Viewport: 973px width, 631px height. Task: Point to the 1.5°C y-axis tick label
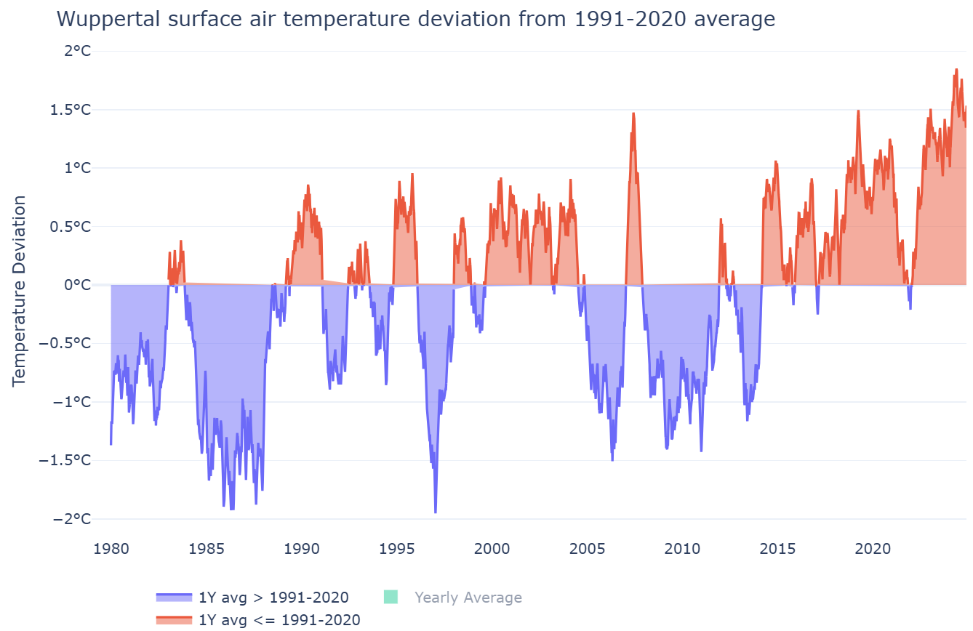pyautogui.click(x=76, y=110)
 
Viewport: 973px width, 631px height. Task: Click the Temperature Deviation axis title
pyautogui.click(x=19, y=290)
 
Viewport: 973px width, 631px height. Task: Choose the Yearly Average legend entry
pyautogui.click(x=468, y=598)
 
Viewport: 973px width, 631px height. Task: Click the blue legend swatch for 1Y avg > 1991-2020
pyautogui.click(x=174, y=598)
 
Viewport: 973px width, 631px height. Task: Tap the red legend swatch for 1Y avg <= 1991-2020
pyautogui.click(x=174, y=619)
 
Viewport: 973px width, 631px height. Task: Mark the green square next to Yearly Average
pyautogui.click(x=391, y=598)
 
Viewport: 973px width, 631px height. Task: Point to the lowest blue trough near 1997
pyautogui.click(x=436, y=513)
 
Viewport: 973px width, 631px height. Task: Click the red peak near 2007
pyautogui.click(x=633, y=113)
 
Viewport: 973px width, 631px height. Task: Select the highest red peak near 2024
pyautogui.click(x=956, y=70)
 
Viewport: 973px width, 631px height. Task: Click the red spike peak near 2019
pyautogui.click(x=859, y=110)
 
